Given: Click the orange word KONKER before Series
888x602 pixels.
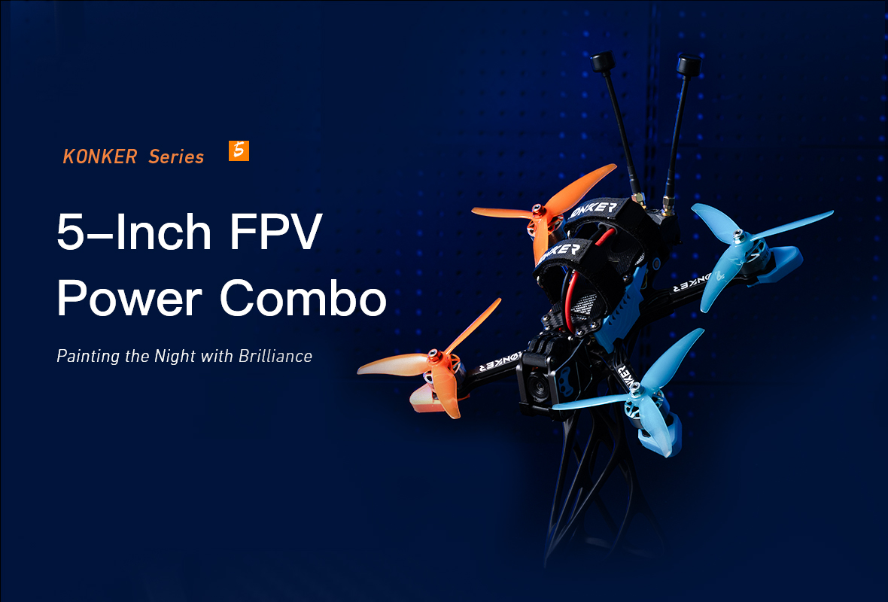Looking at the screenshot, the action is pos(99,157).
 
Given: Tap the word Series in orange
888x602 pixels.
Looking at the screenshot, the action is pos(176,157).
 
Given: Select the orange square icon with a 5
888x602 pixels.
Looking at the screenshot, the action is pos(239,150).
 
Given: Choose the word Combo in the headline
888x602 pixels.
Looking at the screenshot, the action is pos(303,298).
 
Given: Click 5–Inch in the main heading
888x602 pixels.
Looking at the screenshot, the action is pos(134,233).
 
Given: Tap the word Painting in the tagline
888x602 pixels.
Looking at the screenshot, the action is pos(88,356).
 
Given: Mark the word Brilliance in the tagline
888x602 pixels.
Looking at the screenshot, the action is pos(275,356).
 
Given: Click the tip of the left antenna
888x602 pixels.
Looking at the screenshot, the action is pos(602,61).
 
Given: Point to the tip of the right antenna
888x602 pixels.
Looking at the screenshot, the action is pos(689,64).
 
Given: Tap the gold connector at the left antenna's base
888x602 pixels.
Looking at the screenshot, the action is pos(638,198).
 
